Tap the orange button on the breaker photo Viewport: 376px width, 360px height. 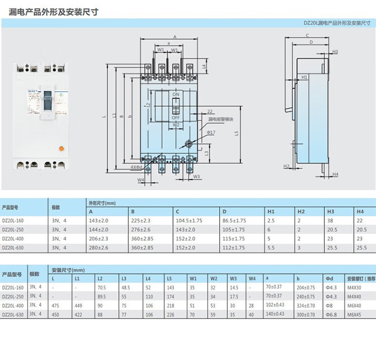61,149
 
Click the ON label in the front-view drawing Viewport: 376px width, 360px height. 175,95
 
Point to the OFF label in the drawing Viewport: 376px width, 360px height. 175,118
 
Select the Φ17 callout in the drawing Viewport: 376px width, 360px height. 211,132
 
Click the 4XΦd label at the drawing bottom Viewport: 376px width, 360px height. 137,166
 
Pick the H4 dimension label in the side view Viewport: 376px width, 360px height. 335,174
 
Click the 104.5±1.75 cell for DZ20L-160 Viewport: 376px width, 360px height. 189,220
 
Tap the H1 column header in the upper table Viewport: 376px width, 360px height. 271,211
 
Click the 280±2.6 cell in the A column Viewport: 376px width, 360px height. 98,247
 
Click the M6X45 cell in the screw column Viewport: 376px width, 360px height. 354,314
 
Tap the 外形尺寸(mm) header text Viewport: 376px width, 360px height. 102,203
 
